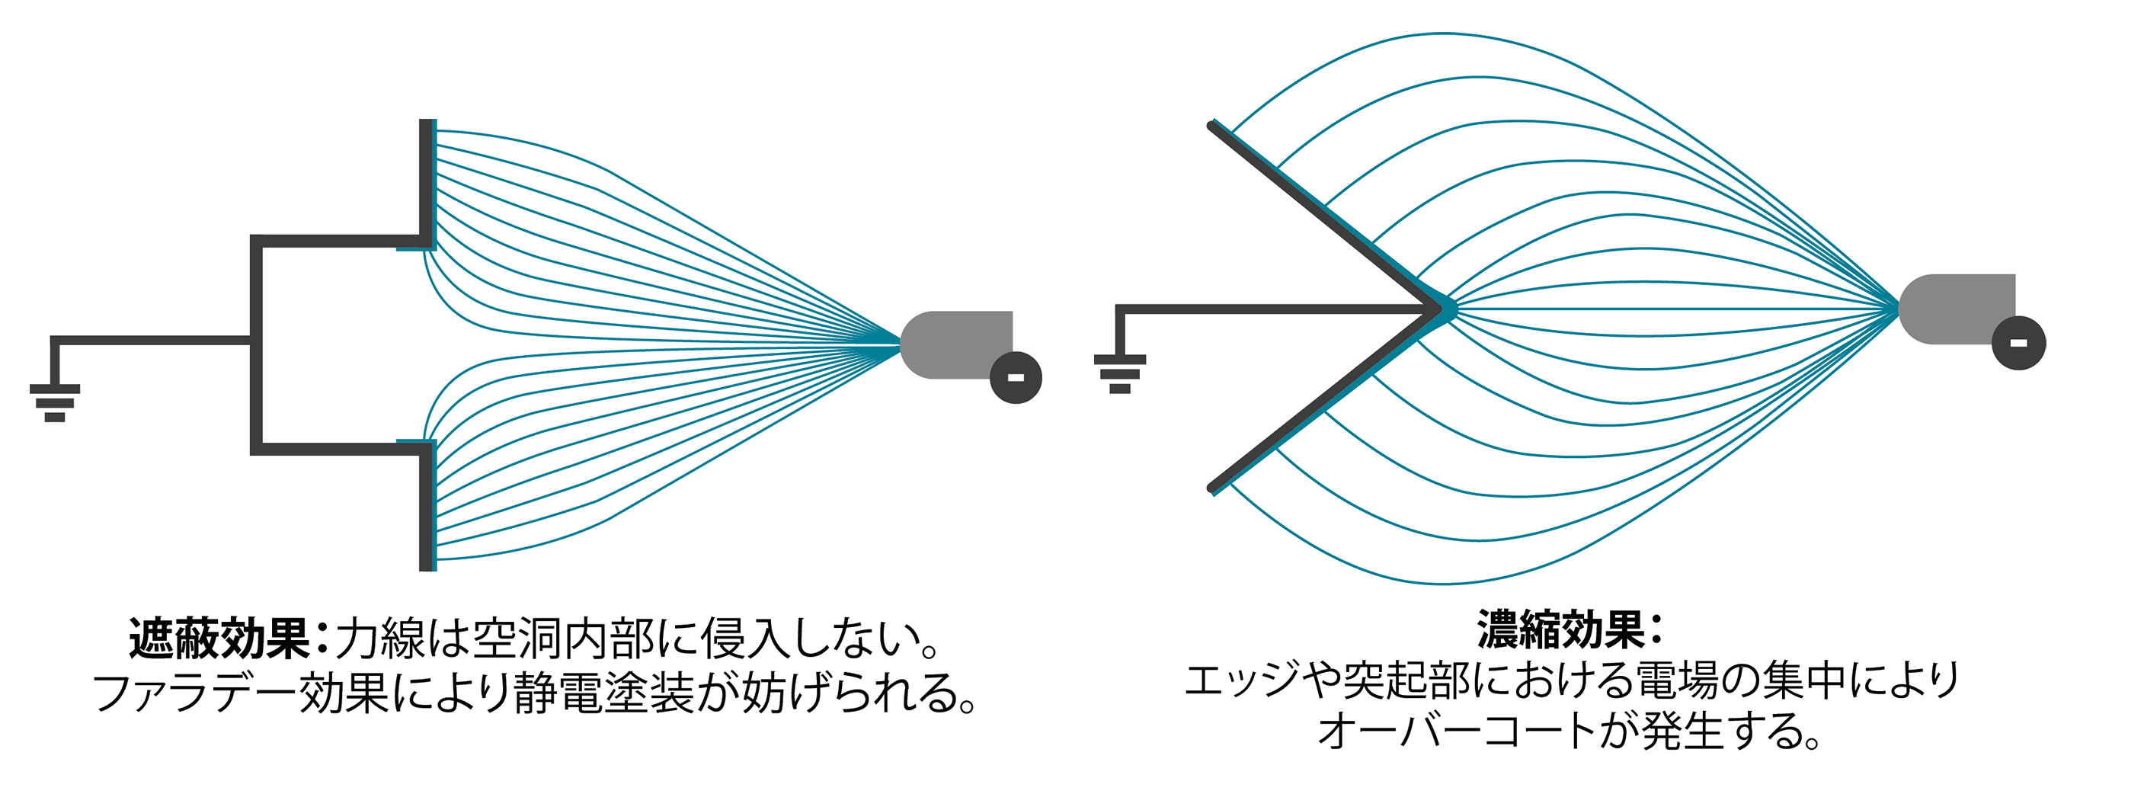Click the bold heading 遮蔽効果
point(219,639)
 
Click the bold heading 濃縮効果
point(1560,629)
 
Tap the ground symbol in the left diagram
point(55,403)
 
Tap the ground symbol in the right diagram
point(1119,373)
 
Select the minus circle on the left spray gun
point(1016,377)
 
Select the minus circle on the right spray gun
point(2018,343)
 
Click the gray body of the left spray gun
point(957,344)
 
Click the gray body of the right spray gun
point(1956,309)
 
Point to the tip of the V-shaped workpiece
point(1441,309)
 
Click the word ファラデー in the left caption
point(196,693)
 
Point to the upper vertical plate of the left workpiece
point(427,184)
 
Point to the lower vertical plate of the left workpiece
point(427,506)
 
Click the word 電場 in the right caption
point(1677,680)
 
